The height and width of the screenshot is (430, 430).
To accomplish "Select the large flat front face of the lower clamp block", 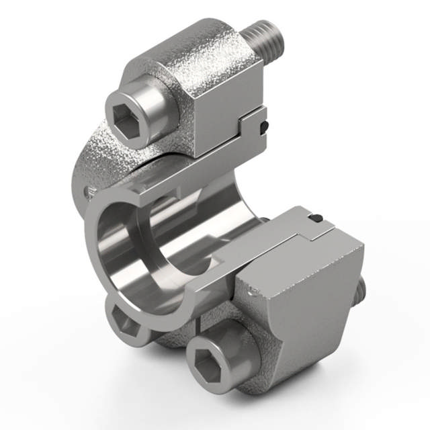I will [302, 316].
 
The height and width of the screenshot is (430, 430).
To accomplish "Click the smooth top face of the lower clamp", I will [289, 232].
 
